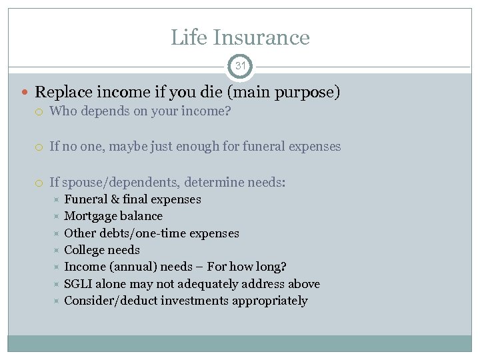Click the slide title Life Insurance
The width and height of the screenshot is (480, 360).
tap(240, 37)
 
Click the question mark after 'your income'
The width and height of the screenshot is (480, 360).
tap(228, 111)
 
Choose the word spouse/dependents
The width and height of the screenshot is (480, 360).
tap(112, 182)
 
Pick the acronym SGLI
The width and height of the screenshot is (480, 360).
tap(78, 284)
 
